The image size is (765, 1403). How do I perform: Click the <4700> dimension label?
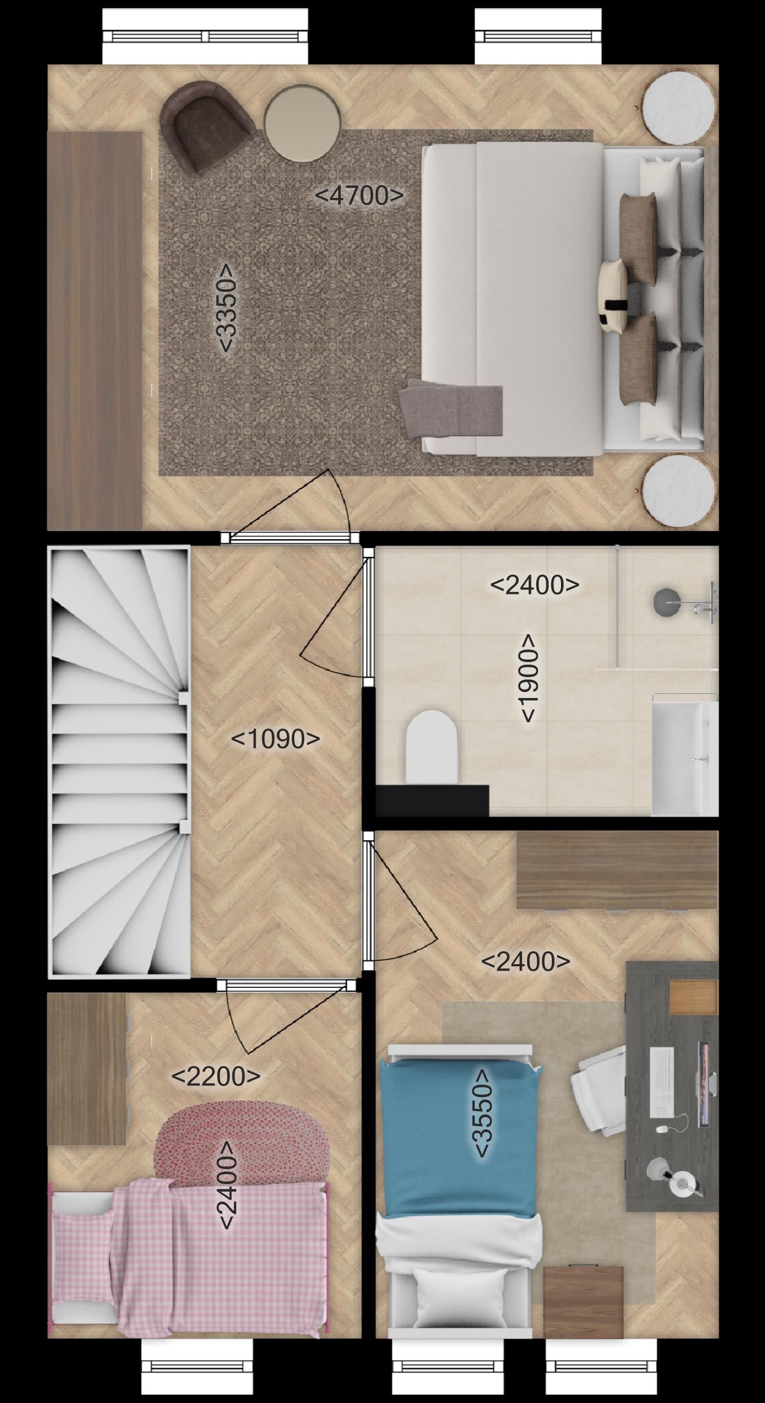(360, 195)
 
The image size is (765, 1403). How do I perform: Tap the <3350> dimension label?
(224, 309)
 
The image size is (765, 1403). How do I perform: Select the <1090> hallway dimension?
(275, 739)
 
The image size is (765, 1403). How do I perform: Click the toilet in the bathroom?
(431, 747)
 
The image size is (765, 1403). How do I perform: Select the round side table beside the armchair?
(302, 124)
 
